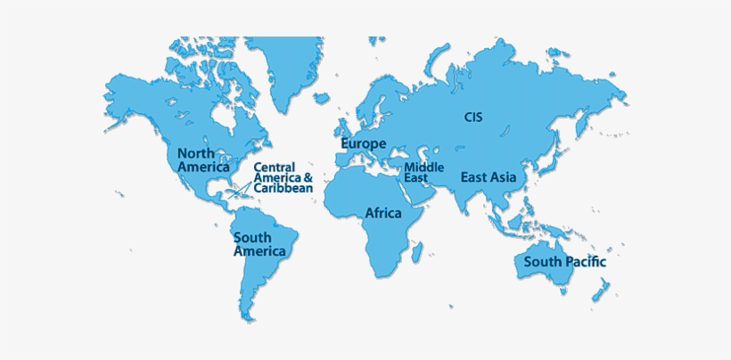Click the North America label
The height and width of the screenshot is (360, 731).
[x=202, y=160]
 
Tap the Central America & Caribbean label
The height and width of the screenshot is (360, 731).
[x=283, y=177]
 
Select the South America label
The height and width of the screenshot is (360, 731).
[x=259, y=244]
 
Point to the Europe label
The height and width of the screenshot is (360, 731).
[x=364, y=143]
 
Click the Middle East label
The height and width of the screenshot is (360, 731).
[x=424, y=172]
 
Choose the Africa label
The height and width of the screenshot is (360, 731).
[x=383, y=214]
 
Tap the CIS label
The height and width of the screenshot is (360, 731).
[x=473, y=117]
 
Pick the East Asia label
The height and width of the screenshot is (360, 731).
[x=489, y=177]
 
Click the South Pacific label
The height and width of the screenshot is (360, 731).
[x=564, y=262]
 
